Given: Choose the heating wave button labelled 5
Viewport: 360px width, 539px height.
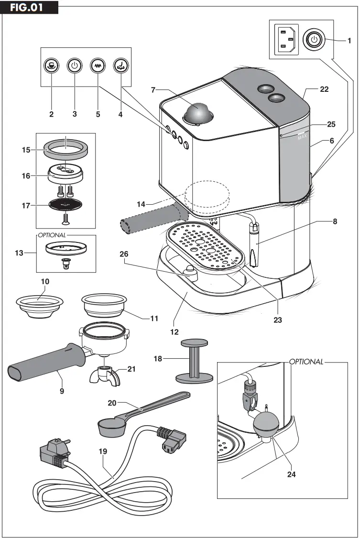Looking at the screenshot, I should (98, 66).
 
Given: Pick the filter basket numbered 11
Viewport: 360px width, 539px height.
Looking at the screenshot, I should (103, 305).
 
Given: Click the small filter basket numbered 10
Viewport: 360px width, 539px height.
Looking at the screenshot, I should (40, 305).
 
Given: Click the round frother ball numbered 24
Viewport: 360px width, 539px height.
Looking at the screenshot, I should (267, 425).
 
